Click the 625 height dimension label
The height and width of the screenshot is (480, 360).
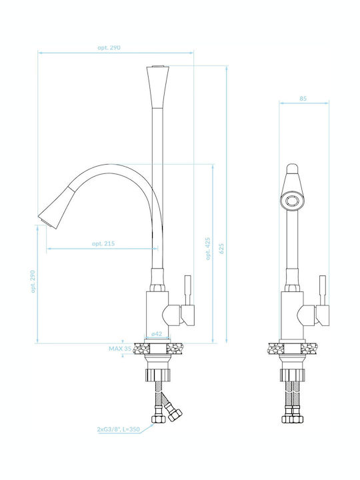pyautogui.click(x=221, y=248)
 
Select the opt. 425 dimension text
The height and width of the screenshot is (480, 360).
pyautogui.click(x=208, y=249)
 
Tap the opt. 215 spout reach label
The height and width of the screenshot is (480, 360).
pyautogui.click(x=103, y=244)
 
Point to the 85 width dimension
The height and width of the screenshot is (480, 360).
pyautogui.click(x=303, y=99)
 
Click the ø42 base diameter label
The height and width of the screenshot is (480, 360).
pyautogui.click(x=157, y=334)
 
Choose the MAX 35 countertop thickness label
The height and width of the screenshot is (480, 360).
pyautogui.click(x=120, y=349)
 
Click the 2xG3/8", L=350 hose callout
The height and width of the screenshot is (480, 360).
pyautogui.click(x=119, y=429)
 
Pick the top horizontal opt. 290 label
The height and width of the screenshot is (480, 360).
pyautogui.click(x=109, y=48)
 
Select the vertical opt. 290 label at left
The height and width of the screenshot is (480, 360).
pyautogui.click(x=33, y=281)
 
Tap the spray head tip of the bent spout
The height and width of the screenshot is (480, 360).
pyautogui.click(x=45, y=221)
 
